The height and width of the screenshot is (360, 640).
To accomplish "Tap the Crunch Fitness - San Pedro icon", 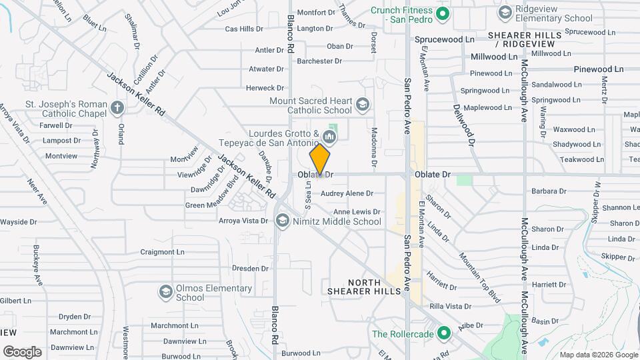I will pyautogui.click(x=441, y=13).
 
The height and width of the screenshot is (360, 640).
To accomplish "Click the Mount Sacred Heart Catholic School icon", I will pyautogui.click(x=362, y=104).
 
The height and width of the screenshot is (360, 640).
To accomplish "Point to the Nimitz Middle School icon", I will pyautogui.click(x=283, y=221).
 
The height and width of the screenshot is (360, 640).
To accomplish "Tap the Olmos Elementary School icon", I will pyautogui.click(x=165, y=291).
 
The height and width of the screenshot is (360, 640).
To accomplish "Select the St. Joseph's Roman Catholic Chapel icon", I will pyautogui.click(x=117, y=108).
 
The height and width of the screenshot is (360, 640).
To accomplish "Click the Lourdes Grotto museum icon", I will pyautogui.click(x=329, y=137).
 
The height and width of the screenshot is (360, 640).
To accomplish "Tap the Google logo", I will pyautogui.click(x=22, y=351).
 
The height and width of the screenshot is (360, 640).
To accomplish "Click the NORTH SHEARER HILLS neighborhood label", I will pyautogui.click(x=363, y=286).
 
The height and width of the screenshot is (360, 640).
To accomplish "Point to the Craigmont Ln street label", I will pyautogui.click(x=162, y=252).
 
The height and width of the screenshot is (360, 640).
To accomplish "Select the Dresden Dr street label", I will pyautogui.click(x=250, y=269).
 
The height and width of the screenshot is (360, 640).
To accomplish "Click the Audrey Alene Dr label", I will pyautogui.click(x=347, y=193).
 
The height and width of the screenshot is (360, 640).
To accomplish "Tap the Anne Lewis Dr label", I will pyautogui.click(x=357, y=211).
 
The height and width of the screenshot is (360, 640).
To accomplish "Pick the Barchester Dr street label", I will pyautogui.click(x=319, y=61).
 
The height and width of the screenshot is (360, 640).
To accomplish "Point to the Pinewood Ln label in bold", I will pyautogui.click(x=598, y=69).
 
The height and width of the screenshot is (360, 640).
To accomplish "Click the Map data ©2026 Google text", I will pyautogui.click(x=597, y=355).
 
